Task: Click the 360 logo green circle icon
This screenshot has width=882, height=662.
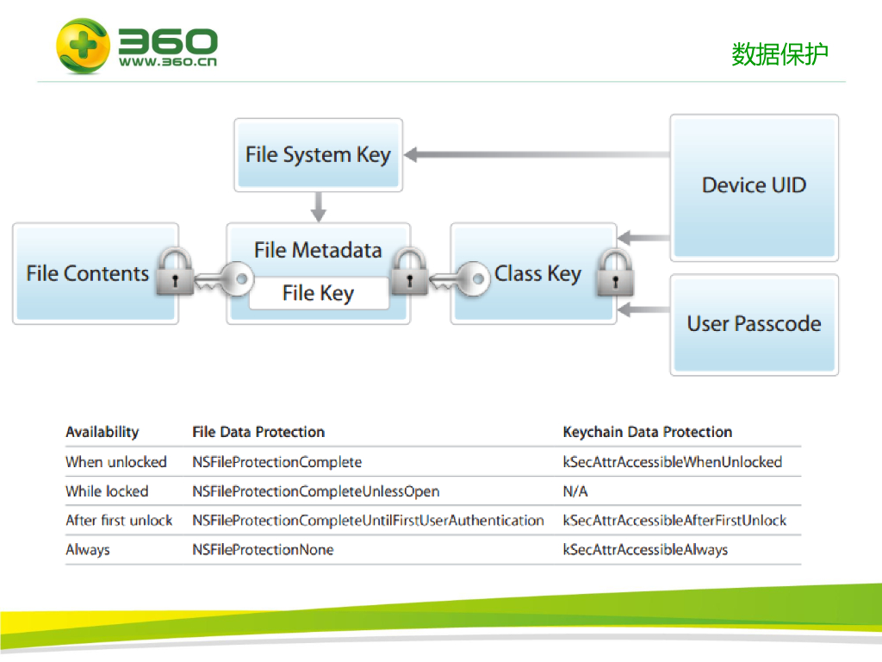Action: pos(83,46)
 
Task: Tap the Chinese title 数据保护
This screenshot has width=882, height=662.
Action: pos(780,54)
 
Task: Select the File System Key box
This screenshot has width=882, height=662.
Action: pos(318,155)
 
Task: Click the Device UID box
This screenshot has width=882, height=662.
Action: pos(754,185)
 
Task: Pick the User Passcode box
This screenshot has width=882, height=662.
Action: pos(754,324)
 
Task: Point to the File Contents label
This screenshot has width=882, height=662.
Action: pos(88,274)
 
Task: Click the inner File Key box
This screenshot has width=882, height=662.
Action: pos(318,294)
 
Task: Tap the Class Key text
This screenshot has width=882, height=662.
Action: pos(537,274)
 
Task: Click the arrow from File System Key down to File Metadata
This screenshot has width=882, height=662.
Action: pos(319,207)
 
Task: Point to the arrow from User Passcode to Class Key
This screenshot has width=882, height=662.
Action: pos(643,309)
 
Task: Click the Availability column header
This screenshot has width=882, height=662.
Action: pos(102,432)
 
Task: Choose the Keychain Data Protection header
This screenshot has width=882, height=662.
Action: pos(647,432)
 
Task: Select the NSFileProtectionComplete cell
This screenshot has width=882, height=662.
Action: pos(276,462)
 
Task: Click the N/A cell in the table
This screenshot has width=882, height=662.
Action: pos(575,491)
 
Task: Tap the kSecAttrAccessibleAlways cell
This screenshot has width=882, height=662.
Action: pos(645,550)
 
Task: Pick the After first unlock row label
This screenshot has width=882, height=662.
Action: pos(119,521)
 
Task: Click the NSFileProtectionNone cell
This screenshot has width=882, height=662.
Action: pos(263,550)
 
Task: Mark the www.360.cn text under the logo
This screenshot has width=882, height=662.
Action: pos(168,62)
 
